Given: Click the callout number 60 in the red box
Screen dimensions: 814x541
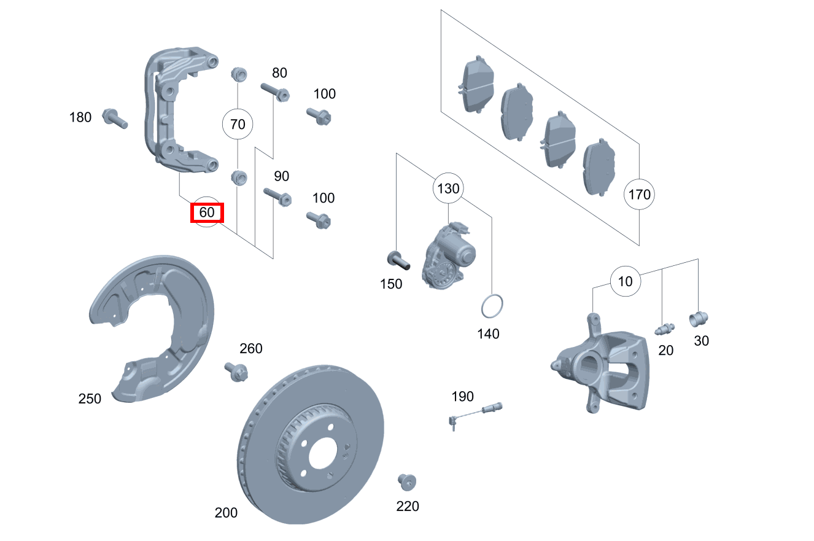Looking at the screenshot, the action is point(207,212).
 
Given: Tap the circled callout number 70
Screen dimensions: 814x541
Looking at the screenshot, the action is point(238,124).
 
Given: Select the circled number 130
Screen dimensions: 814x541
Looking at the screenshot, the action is point(448,189).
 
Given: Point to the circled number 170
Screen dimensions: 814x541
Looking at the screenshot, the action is point(639,194).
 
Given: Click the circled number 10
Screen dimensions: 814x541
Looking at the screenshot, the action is point(626,281).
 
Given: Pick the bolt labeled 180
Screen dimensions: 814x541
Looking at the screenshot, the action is point(114,118).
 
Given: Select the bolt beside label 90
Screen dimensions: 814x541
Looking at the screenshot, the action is point(277,197).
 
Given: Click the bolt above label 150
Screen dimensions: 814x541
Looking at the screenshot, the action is point(398,260).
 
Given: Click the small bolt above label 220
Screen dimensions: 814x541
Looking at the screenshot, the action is point(407,482).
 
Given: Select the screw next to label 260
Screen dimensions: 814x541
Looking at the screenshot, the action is point(236,372).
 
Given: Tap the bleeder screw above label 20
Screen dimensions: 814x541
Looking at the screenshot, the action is point(665,329).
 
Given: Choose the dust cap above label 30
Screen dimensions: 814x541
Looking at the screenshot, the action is point(699,319).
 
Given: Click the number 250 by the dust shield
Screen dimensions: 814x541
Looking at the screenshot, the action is point(90,399).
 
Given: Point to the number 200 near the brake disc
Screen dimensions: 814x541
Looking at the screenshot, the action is point(226,513).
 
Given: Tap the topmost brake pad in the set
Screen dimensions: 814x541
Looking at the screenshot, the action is point(476,84).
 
